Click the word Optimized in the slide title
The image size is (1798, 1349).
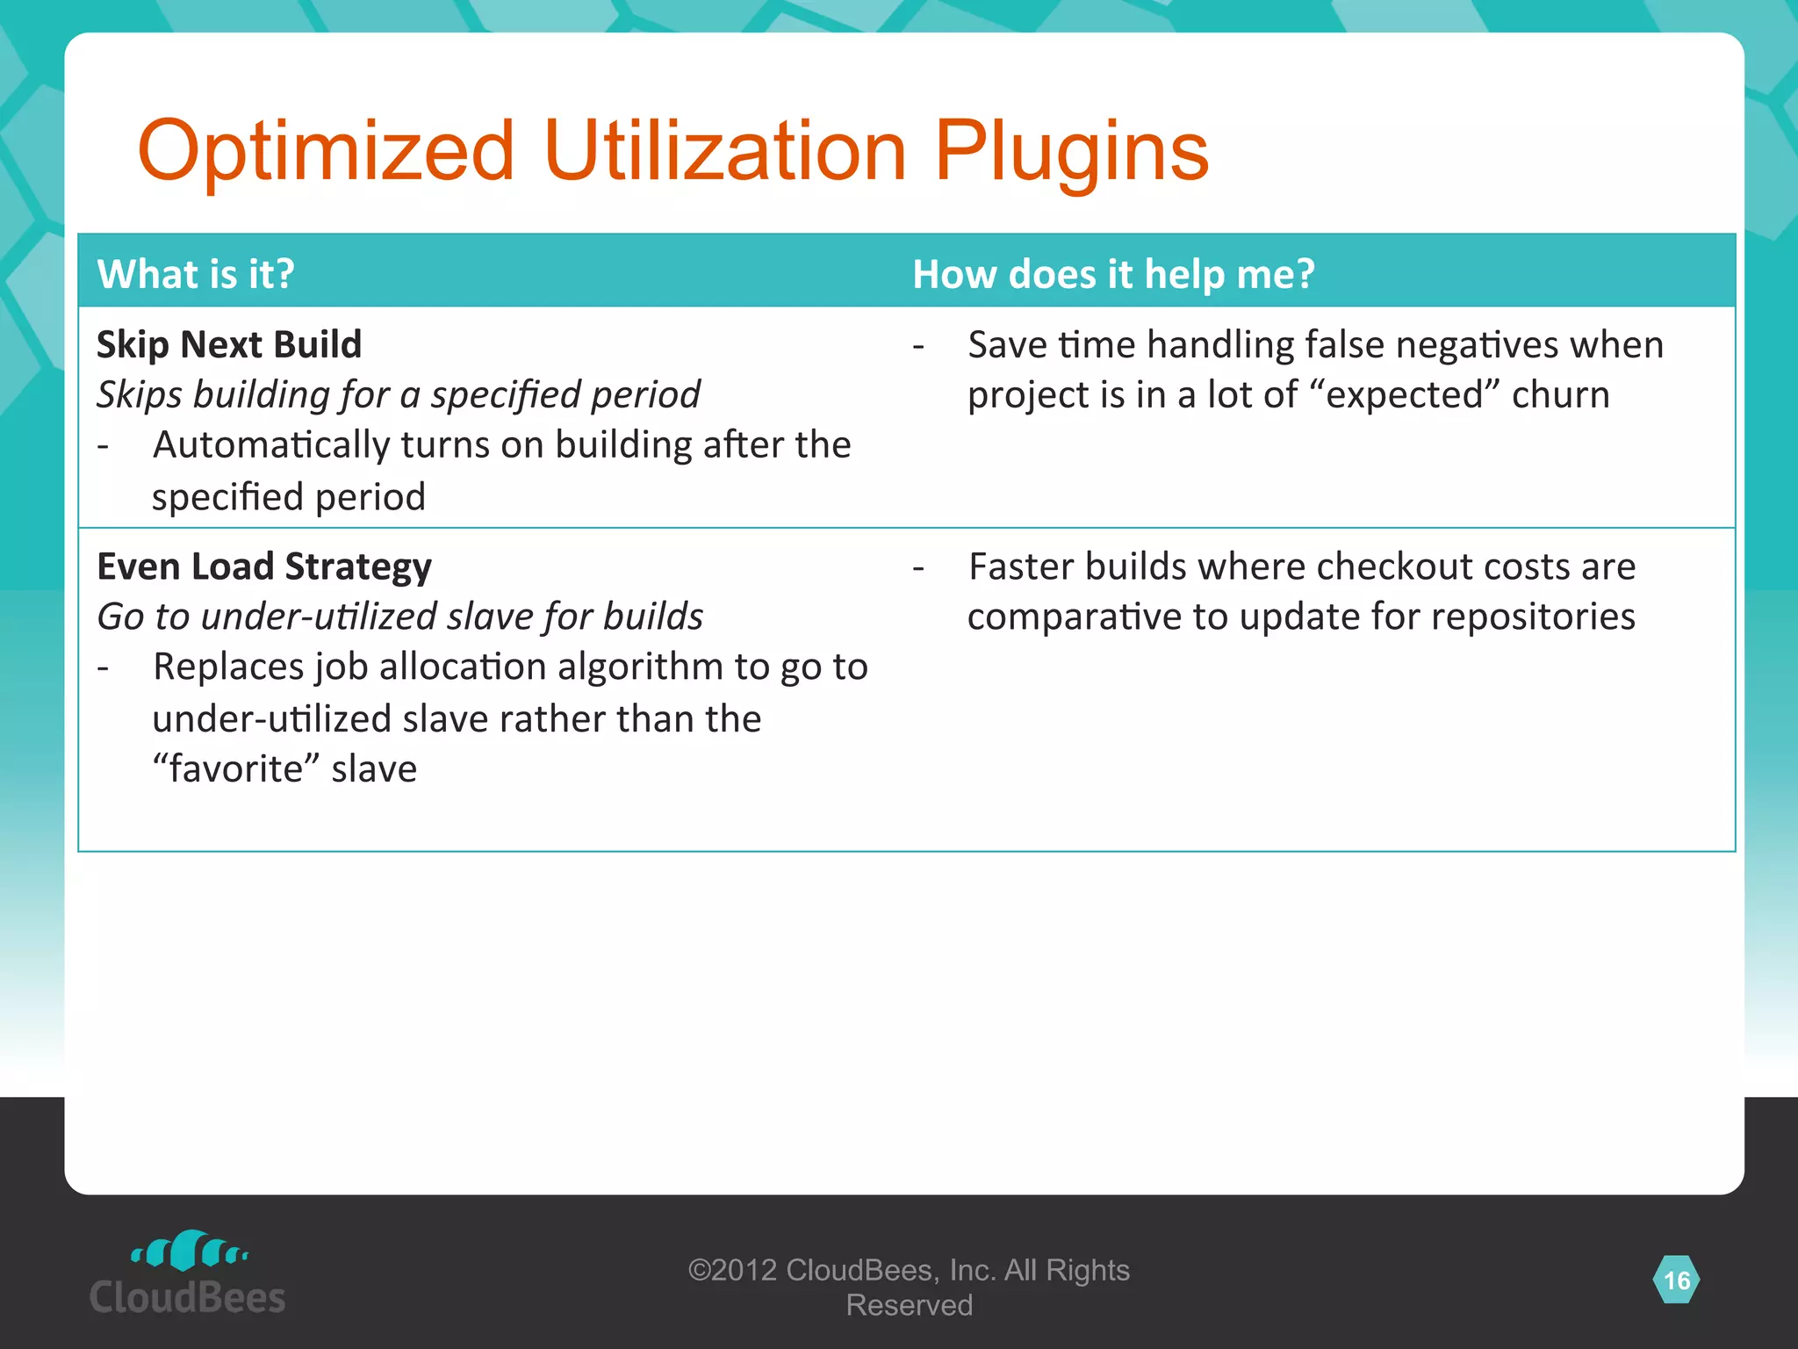coord(326,151)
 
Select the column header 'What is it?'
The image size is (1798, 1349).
coord(196,274)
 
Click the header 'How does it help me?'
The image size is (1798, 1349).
coord(1113,274)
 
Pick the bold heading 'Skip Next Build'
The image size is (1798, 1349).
coord(229,344)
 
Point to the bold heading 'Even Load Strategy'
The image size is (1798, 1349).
coord(264,566)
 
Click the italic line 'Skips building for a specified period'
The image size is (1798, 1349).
coord(399,394)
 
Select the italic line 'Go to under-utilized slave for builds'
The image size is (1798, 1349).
coord(400,617)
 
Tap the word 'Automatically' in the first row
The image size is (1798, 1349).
coord(270,445)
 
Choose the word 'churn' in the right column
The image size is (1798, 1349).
coord(1560,394)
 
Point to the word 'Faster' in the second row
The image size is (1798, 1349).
coord(1021,566)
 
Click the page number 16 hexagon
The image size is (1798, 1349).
coord(1676,1280)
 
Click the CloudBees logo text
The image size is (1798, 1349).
coord(188,1297)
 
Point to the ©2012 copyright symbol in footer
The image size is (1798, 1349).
coord(699,1271)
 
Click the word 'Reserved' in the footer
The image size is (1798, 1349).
coord(909,1305)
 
